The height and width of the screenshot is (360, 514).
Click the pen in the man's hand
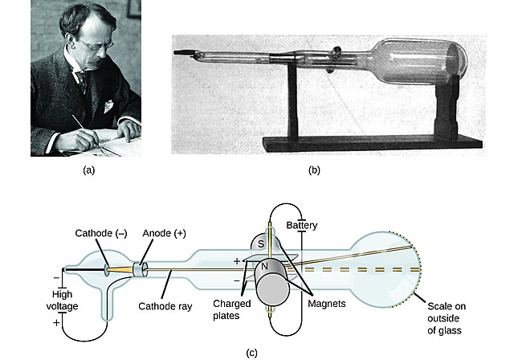pyautogui.click(x=80, y=124)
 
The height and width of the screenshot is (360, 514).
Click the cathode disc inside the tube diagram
pyautogui.click(x=108, y=269)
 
